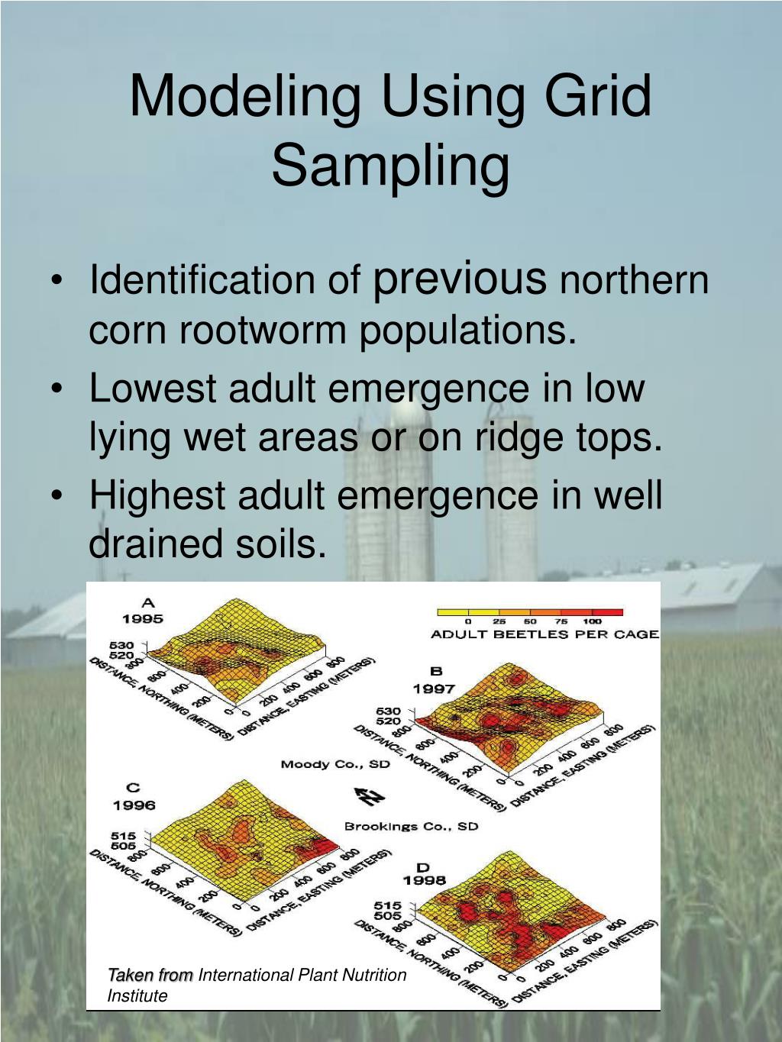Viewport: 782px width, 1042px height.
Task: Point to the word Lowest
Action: (153, 388)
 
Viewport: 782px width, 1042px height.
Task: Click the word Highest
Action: (158, 495)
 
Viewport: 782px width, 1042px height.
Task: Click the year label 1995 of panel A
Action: (142, 618)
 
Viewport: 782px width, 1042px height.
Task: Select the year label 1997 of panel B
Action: (435, 689)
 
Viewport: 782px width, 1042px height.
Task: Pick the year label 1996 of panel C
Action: (134, 805)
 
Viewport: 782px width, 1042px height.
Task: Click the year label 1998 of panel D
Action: (424, 881)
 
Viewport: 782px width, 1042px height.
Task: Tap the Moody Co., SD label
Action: (334, 763)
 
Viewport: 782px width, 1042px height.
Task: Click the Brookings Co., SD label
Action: (411, 827)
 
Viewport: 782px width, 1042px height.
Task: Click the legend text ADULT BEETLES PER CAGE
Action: (544, 634)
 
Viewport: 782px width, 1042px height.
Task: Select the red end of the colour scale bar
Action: (608, 612)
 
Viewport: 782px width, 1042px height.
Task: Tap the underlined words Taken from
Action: (150, 975)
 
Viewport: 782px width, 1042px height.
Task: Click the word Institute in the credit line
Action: (137, 995)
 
